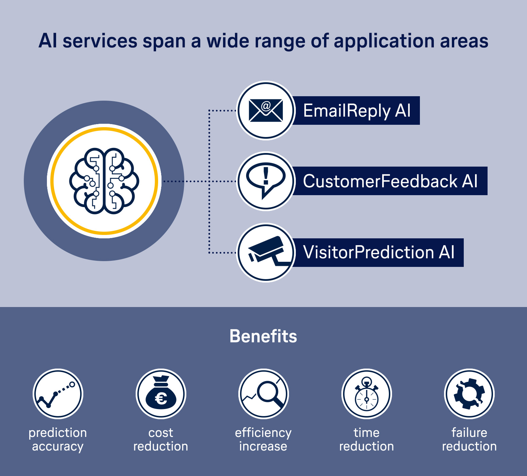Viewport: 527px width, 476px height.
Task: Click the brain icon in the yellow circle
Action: tap(104, 181)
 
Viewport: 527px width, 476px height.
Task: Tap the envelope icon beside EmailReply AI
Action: tap(266, 111)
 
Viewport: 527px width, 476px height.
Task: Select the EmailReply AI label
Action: tap(357, 111)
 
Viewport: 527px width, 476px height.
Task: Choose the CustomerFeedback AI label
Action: tap(390, 181)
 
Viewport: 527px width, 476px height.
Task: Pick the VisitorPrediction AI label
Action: tap(378, 252)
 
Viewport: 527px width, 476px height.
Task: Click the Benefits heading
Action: tap(263, 336)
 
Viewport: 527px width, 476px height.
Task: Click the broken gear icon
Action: tap(469, 394)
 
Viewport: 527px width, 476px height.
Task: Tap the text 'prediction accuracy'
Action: tap(58, 439)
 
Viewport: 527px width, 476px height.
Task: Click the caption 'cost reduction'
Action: tap(161, 439)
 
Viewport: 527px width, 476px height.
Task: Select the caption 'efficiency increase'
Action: tap(263, 439)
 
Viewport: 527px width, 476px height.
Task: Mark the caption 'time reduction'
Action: tap(367, 439)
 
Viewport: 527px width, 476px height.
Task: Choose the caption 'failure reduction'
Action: tap(469, 439)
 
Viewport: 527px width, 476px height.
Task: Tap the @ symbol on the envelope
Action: tap(266, 106)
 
